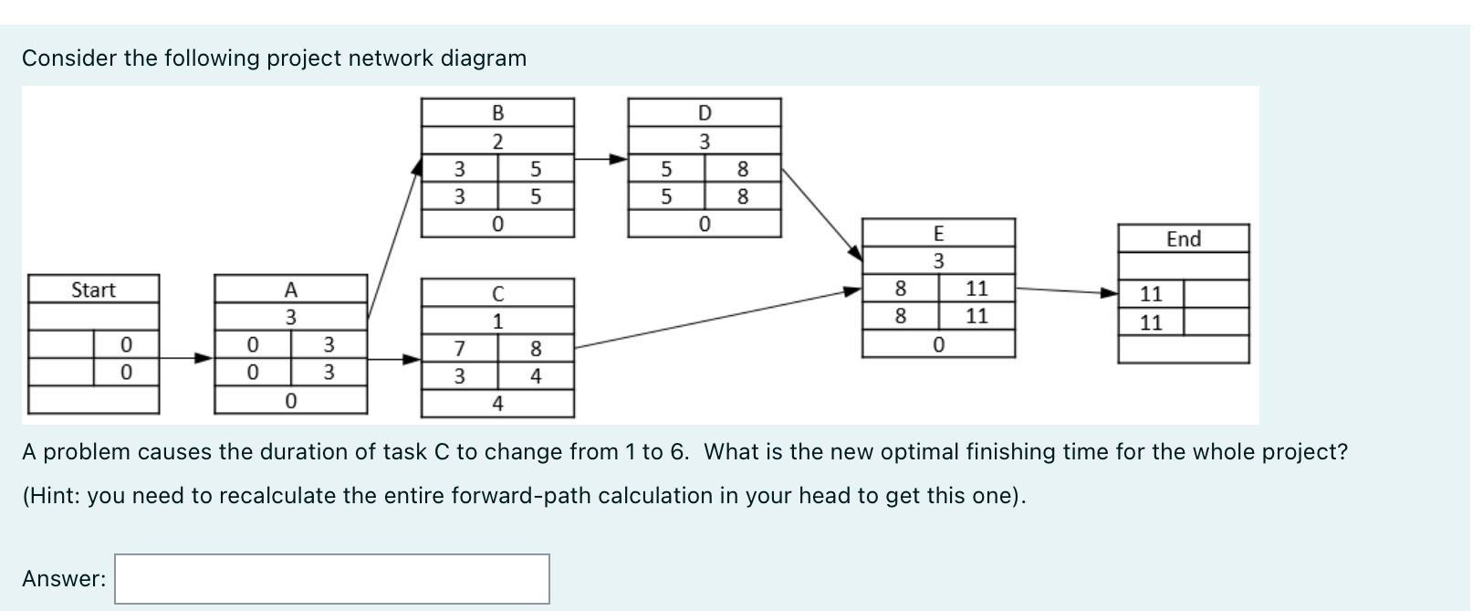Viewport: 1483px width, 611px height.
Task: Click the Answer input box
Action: point(332,578)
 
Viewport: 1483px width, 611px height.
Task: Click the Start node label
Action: point(94,290)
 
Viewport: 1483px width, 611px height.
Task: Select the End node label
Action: point(1184,238)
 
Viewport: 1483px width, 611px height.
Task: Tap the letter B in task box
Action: point(497,113)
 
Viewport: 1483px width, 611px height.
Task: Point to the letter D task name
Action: point(704,113)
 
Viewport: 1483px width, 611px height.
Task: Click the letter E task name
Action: point(938,233)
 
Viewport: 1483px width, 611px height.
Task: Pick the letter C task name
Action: point(497,294)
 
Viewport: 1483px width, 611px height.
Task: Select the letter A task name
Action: point(290,290)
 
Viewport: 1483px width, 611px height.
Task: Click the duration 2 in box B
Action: point(497,142)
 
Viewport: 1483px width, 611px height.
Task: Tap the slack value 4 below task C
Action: point(497,404)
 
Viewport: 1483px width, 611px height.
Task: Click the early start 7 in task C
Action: point(459,348)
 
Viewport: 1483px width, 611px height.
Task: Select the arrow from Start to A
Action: point(187,358)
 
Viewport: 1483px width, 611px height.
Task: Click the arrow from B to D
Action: point(601,159)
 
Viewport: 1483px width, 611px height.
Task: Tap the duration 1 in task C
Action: point(497,321)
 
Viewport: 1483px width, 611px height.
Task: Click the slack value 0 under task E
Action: point(938,344)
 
